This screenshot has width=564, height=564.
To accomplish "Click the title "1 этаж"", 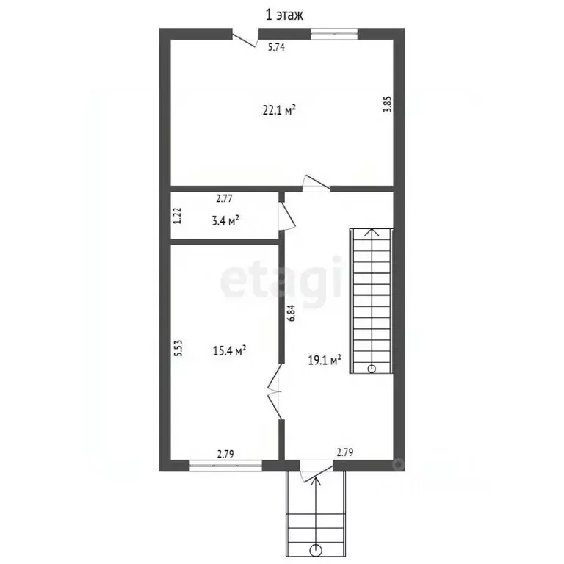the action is pyautogui.click(x=284, y=15).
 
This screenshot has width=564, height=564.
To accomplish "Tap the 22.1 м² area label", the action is pyautogui.click(x=279, y=109).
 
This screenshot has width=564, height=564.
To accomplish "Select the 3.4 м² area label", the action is pyautogui.click(x=225, y=220).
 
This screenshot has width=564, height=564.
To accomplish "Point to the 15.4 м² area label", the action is pyautogui.click(x=229, y=350).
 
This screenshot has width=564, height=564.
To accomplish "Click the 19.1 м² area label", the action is pyautogui.click(x=325, y=360).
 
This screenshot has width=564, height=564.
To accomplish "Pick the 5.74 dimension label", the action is pyautogui.click(x=276, y=47).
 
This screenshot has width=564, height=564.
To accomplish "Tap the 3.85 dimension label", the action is pyautogui.click(x=388, y=105).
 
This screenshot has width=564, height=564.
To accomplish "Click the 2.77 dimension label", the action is pyautogui.click(x=224, y=198).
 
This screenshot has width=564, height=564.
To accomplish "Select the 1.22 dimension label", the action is pyautogui.click(x=177, y=216).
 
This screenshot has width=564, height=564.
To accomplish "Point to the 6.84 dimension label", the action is pyautogui.click(x=291, y=313).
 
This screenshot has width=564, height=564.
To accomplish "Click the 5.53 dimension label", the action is pyautogui.click(x=178, y=348).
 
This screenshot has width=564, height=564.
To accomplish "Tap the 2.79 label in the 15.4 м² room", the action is pyautogui.click(x=225, y=454).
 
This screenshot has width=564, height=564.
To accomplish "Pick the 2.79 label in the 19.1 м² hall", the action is pyautogui.click(x=345, y=452).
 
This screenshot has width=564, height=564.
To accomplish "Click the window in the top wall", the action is pyautogui.click(x=334, y=34).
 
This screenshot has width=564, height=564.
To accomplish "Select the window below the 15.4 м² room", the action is pyautogui.click(x=226, y=466).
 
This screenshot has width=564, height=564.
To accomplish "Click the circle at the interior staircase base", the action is pyautogui.click(x=372, y=369).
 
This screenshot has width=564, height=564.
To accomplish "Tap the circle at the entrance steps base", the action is pyautogui.click(x=316, y=550).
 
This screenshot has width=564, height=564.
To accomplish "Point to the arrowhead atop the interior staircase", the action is pyautogui.click(x=372, y=232).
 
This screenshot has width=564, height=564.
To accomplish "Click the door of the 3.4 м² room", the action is pyautogui.click(x=286, y=215).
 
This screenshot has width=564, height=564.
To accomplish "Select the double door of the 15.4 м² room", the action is pyautogui.click(x=275, y=391).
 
